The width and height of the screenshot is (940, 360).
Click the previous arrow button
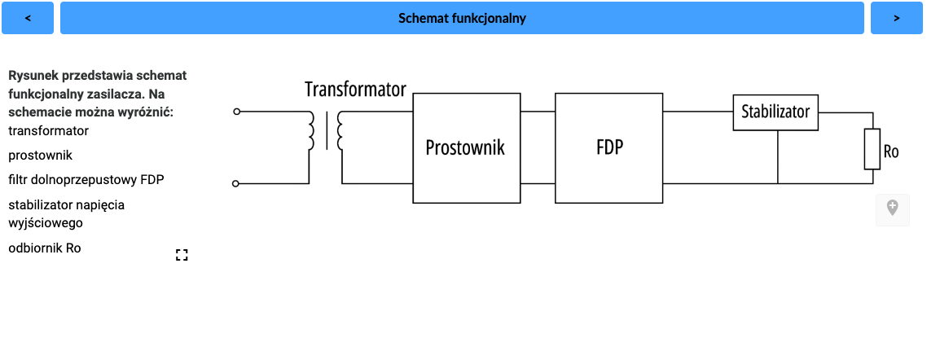(28, 18)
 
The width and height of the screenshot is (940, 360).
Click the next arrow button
(896, 18)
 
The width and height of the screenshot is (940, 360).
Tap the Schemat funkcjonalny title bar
(462, 18)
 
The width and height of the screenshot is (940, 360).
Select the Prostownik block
(465, 147)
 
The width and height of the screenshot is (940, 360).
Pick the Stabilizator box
(775, 112)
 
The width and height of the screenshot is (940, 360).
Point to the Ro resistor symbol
(872, 149)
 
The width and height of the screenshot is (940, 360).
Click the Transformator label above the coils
(355, 90)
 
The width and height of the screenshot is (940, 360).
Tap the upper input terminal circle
(236, 112)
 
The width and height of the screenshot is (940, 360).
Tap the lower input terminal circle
(236, 184)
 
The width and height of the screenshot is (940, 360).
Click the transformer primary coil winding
(310, 132)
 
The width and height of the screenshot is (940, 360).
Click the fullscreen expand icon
(182, 255)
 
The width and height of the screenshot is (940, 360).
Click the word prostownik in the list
(41, 155)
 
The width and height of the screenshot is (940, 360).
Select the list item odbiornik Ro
(45, 248)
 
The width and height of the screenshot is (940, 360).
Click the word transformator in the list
(49, 130)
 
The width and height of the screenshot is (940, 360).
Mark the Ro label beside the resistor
(891, 151)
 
